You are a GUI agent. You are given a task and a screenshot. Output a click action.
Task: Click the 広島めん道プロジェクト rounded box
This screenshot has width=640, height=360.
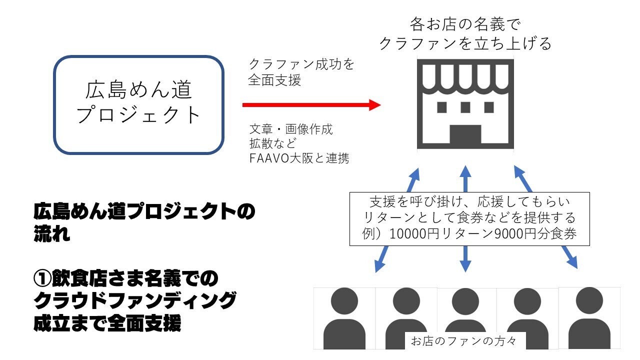tap(138, 104)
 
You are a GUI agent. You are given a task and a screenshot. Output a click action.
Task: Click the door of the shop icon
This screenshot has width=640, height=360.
tap(465, 135)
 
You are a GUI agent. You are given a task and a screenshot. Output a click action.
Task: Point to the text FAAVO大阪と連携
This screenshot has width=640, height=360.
tap(299, 159)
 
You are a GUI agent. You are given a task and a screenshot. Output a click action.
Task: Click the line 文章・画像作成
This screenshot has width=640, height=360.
tap(291, 129)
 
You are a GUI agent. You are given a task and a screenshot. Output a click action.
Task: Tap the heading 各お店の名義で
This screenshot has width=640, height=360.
tap(465, 23)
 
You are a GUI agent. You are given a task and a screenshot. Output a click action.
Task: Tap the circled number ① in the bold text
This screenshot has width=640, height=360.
tap(41, 278)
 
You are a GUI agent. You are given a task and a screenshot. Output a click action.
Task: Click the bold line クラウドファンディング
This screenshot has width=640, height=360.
tap(134, 301)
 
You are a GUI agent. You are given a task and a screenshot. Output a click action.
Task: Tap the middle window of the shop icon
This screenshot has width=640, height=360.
tap(465, 107)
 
